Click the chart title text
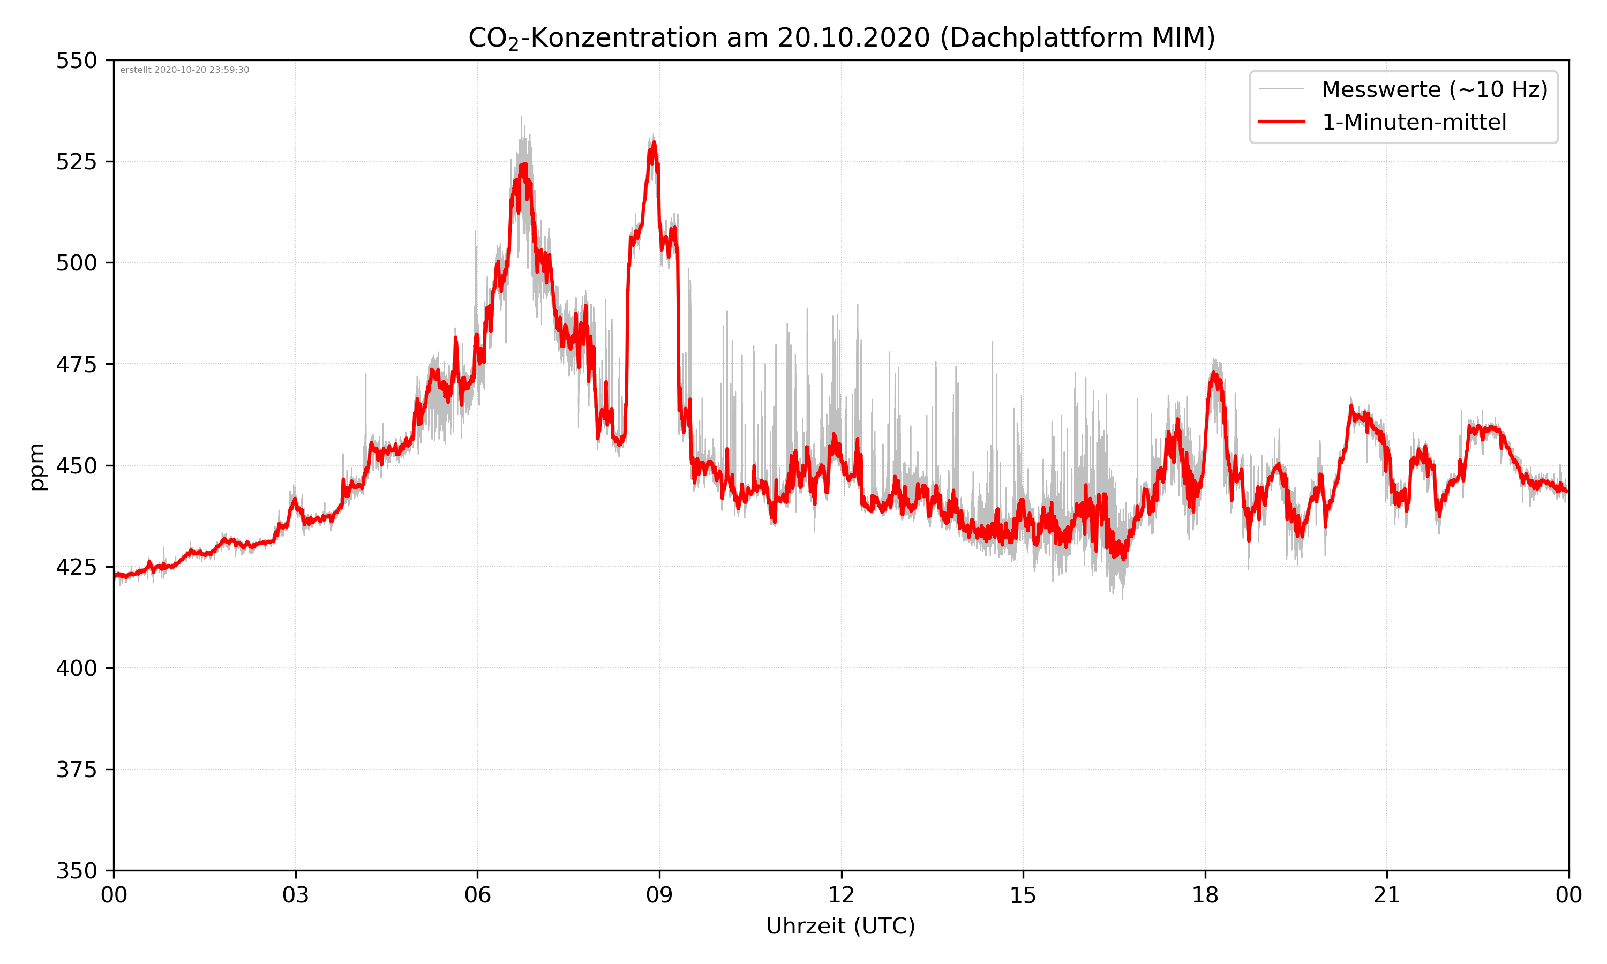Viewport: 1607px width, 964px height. coord(841,37)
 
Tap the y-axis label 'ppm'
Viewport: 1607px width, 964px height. coord(37,466)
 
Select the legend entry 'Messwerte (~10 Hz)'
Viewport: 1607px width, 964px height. coord(1434,89)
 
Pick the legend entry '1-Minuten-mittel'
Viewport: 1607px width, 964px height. coord(1414,122)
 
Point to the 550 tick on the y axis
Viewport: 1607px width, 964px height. coord(76,61)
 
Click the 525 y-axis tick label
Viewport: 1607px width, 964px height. coord(76,162)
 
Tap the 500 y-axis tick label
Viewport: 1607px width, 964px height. coord(76,263)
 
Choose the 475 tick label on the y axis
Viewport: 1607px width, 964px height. coord(76,364)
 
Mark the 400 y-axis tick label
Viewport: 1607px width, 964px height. coord(76,668)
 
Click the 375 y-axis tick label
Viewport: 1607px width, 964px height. coord(76,770)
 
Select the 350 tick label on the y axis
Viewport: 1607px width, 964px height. coord(76,871)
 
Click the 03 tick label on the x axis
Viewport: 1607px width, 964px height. coord(296,895)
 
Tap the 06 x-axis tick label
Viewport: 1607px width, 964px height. coord(477,895)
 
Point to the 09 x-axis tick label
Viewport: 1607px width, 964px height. coord(659,895)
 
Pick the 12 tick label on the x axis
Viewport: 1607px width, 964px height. coord(841,895)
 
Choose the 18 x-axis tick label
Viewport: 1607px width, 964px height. coord(1205,895)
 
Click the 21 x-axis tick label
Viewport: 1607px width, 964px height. coord(1387,895)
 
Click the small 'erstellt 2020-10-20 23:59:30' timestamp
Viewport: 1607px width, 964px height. coord(184,70)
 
